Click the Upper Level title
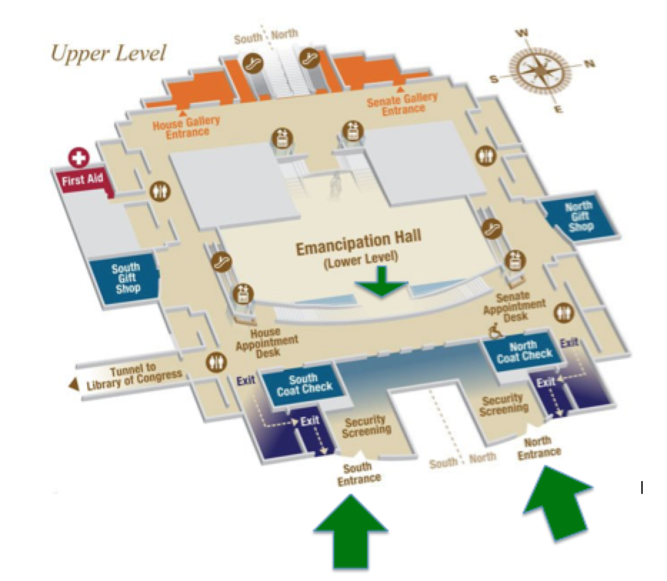point(108,53)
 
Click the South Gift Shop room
point(124,279)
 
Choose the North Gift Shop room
point(577,217)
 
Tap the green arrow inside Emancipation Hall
point(383,284)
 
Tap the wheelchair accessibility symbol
point(493,329)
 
